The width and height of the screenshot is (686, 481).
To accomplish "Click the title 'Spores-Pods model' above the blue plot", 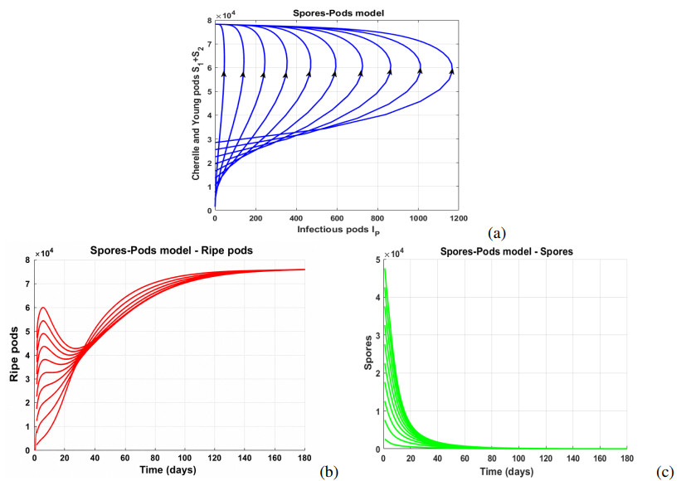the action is tap(338, 13).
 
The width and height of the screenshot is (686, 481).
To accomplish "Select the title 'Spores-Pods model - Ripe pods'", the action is tap(172, 250).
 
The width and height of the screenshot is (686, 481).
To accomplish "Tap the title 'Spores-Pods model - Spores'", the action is tap(506, 251).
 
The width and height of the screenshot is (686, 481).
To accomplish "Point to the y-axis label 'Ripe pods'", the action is tap(14, 354).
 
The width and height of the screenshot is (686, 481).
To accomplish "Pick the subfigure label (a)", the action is tap(497, 233).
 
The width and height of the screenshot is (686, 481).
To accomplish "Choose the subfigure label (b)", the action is tap(329, 471).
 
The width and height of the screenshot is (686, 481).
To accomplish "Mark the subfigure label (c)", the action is tap(664, 472).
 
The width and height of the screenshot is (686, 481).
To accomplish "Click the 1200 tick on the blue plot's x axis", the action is tap(459, 218).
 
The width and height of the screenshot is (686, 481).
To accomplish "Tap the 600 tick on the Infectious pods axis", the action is tap(337, 218).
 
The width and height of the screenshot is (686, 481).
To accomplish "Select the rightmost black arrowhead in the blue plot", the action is tap(452, 70).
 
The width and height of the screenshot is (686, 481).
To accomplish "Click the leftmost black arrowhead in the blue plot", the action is tap(224, 74).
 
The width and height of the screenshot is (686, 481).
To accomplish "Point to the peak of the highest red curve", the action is tap(43, 308).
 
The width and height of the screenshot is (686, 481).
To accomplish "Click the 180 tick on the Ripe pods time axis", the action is tap(304, 458).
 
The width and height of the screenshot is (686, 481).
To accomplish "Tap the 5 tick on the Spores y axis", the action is tap(378, 260).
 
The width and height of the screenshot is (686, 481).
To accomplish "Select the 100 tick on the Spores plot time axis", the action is tap(519, 459).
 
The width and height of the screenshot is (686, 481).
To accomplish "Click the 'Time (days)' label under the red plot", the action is tap(168, 470).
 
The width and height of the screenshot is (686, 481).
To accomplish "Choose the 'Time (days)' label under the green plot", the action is tap(507, 472).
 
